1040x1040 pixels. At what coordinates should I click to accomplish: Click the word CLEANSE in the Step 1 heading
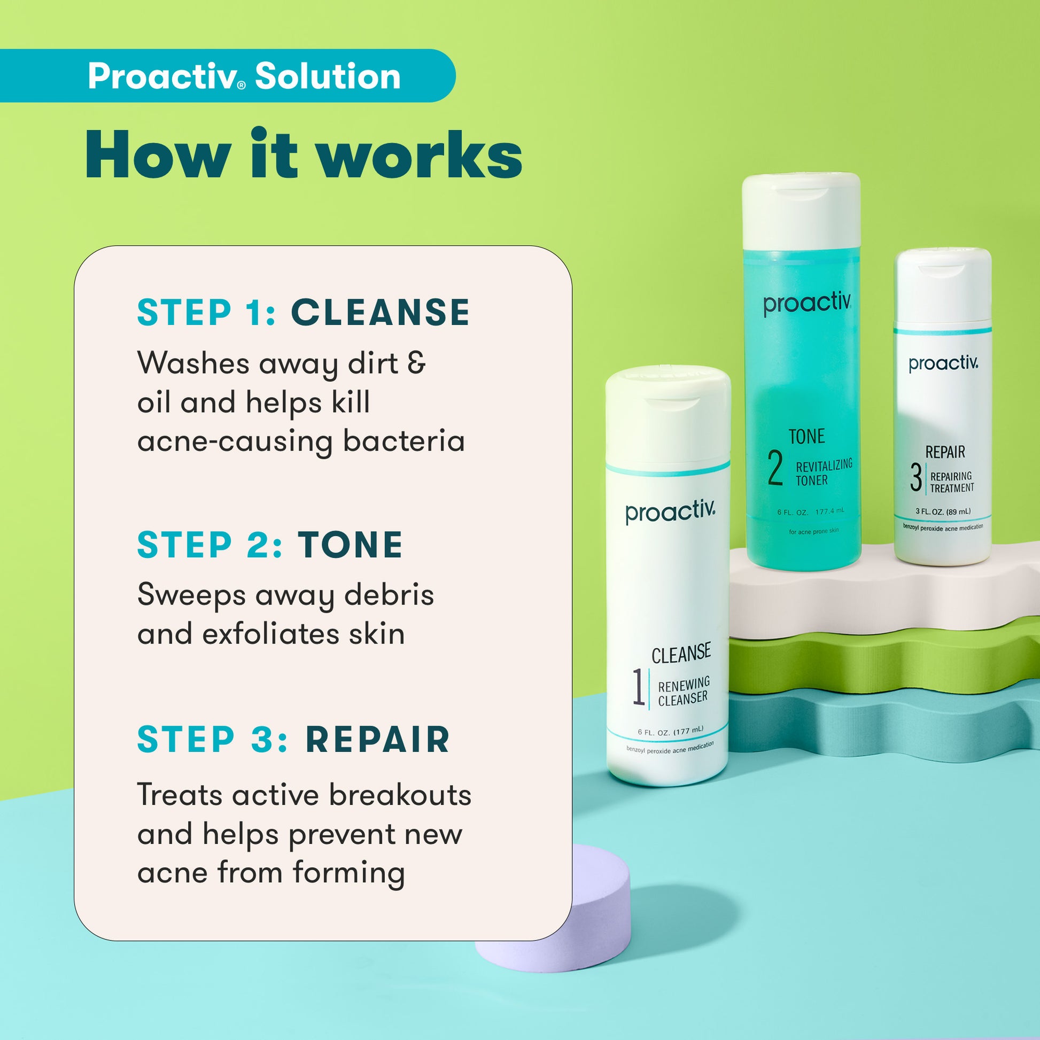point(380,312)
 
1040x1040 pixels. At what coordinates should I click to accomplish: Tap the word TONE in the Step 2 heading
point(351,545)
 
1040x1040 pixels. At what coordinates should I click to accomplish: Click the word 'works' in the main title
point(419,154)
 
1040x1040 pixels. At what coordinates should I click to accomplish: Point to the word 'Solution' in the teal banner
point(327,76)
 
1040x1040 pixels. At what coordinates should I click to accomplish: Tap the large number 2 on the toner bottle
point(774,468)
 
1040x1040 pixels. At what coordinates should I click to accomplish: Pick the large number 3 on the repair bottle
point(915,477)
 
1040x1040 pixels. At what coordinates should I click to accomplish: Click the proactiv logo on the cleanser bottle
point(670,511)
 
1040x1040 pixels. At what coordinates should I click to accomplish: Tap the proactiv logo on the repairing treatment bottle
point(943,363)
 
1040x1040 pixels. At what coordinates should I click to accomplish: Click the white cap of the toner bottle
point(801,210)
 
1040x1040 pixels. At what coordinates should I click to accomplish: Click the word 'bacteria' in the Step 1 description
point(403,441)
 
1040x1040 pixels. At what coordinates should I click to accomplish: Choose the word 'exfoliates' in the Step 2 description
point(271,634)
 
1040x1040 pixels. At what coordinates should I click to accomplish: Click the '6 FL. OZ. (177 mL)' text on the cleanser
point(670,731)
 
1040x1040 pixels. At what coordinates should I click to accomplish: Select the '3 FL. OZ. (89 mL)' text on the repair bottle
point(943,511)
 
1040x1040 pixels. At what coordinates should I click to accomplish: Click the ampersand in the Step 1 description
point(416,363)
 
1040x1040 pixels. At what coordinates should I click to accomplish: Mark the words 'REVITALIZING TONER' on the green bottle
point(824,472)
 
